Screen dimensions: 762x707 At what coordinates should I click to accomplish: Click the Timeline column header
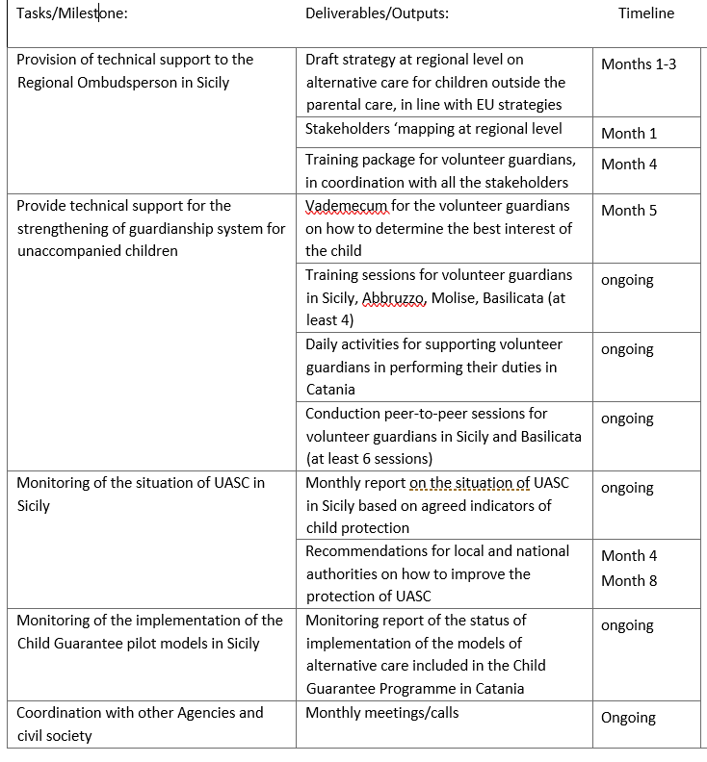click(645, 13)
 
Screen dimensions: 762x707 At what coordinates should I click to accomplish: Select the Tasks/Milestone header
click(72, 13)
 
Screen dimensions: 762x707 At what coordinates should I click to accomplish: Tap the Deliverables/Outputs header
click(377, 13)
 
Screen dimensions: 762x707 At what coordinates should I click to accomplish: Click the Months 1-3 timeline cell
click(639, 64)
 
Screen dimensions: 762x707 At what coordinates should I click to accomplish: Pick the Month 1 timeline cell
click(629, 134)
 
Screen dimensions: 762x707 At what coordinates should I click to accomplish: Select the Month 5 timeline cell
click(629, 211)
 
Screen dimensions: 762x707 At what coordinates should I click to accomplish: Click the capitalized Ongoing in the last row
click(628, 718)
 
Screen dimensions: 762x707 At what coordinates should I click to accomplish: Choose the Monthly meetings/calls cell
click(381, 713)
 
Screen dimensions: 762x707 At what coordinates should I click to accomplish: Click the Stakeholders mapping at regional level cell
click(433, 129)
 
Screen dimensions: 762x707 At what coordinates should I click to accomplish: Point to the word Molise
click(453, 297)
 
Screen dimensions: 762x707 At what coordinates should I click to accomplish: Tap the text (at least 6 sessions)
click(369, 459)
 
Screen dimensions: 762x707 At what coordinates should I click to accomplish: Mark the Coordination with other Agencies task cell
click(140, 724)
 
